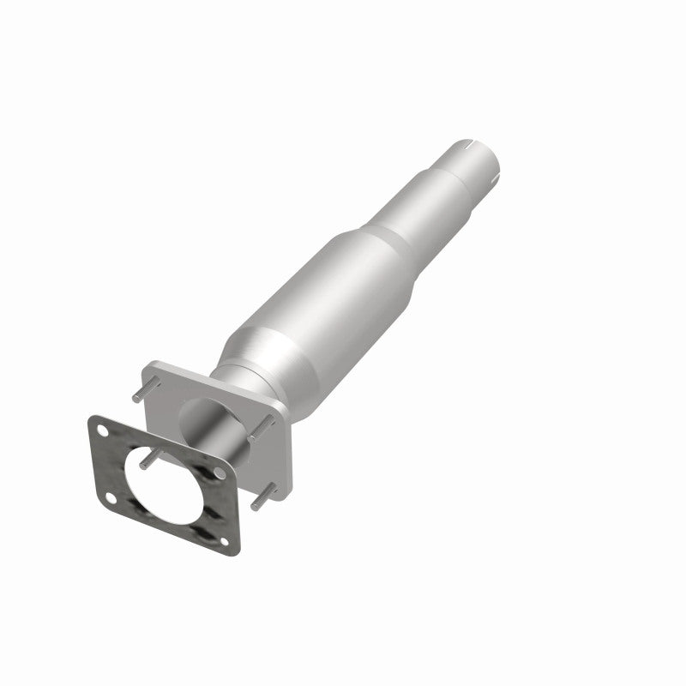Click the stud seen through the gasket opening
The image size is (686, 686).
tap(147, 460)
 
